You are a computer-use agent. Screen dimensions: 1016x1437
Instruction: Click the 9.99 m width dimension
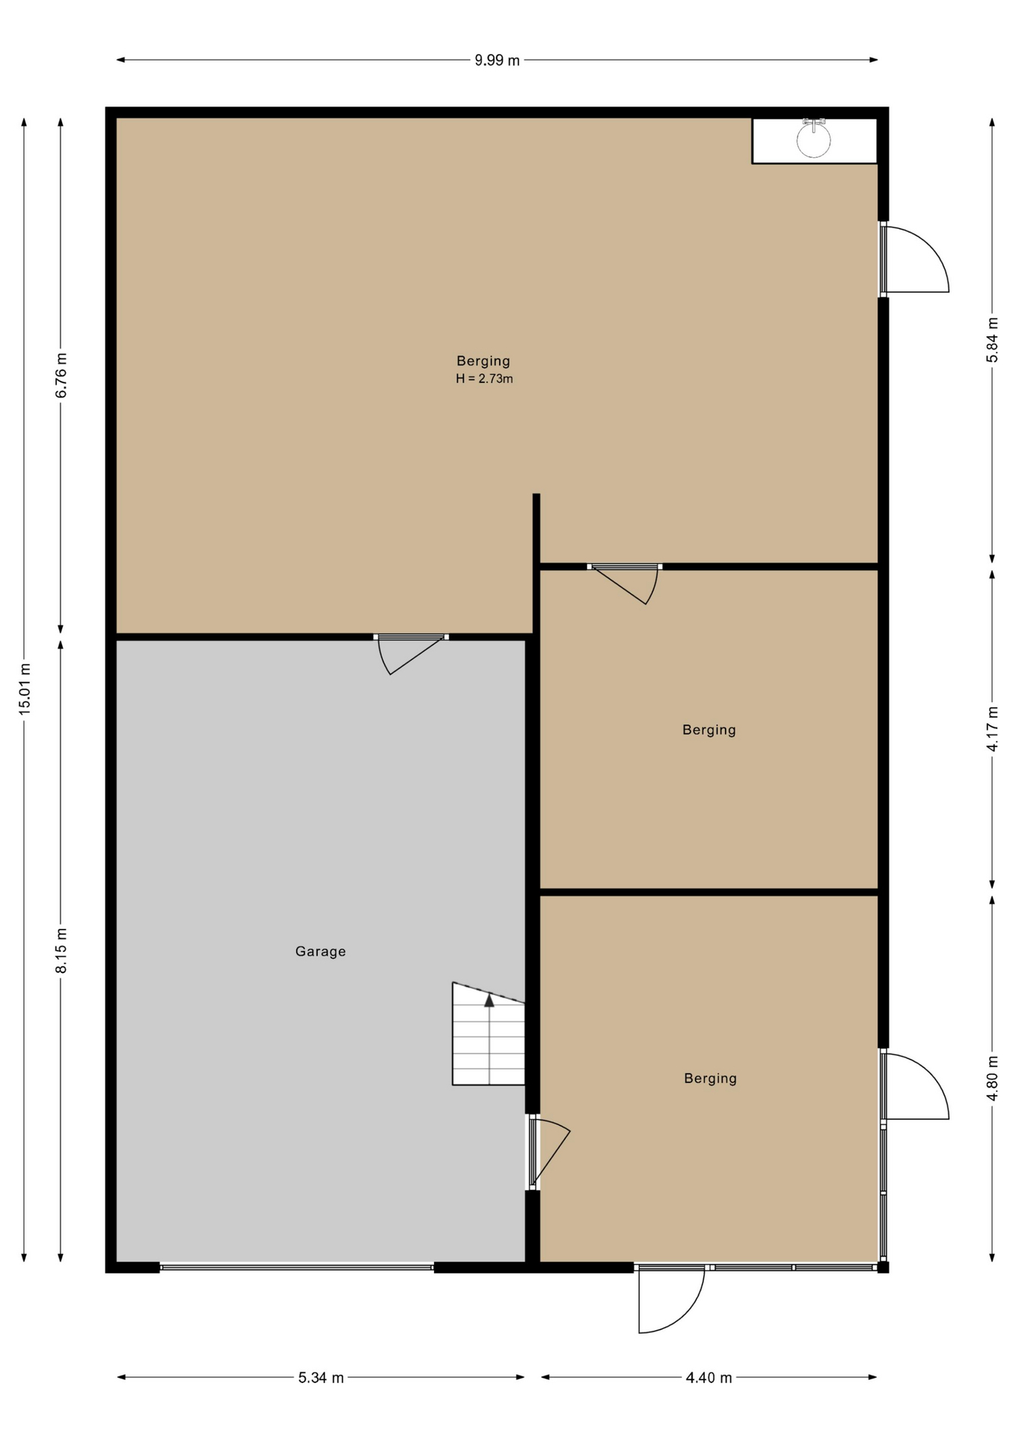point(497,61)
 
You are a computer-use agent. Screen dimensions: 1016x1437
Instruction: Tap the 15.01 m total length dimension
point(25,689)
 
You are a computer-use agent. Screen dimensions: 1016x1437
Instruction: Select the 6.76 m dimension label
point(61,375)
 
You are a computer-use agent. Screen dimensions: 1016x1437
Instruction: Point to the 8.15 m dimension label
point(61,951)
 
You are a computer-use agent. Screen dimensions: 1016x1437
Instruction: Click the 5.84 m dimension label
point(992,340)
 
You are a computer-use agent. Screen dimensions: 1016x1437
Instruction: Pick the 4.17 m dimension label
point(992,728)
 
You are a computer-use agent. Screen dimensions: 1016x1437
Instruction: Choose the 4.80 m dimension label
point(992,1078)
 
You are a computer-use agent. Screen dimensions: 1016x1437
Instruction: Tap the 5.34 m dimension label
point(321,1378)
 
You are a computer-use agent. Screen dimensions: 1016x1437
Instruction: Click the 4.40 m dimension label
point(709,1378)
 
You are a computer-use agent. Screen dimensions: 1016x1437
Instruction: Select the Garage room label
point(320,951)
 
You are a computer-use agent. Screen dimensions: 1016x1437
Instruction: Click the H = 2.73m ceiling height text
point(484,379)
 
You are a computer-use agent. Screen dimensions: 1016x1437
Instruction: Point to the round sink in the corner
point(813,139)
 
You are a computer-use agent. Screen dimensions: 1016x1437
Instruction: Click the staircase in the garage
point(489,1034)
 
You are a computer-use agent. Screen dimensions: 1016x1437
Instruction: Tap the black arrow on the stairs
point(489,1000)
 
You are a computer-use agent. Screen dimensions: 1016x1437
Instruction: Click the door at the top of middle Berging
point(625,584)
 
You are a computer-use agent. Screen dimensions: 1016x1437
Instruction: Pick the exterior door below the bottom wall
point(671,1299)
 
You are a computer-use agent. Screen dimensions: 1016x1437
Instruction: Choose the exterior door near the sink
point(914,259)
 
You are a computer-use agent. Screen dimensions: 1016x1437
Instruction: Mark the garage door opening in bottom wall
point(297,1268)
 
